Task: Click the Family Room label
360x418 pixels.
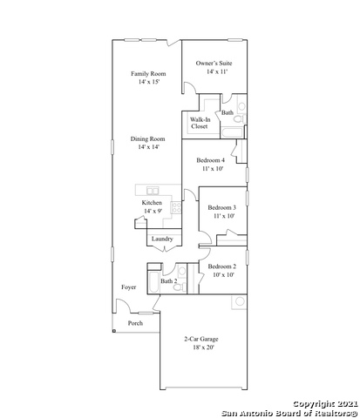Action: click(147, 74)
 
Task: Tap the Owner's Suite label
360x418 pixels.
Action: click(214, 64)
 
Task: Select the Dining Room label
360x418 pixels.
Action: click(147, 139)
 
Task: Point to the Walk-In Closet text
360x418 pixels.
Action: click(200, 123)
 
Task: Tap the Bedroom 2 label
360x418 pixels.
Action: click(222, 266)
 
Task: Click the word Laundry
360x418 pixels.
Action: click(162, 239)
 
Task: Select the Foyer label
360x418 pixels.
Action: click(128, 287)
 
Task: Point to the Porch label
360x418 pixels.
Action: click(135, 323)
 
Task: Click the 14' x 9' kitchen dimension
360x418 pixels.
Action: click(153, 212)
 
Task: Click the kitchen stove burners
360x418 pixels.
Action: click(175, 208)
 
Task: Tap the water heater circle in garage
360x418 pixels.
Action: click(239, 302)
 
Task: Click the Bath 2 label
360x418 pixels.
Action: click(169, 281)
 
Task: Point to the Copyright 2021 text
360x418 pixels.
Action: click(324, 404)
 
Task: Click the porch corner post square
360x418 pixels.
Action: click(113, 331)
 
